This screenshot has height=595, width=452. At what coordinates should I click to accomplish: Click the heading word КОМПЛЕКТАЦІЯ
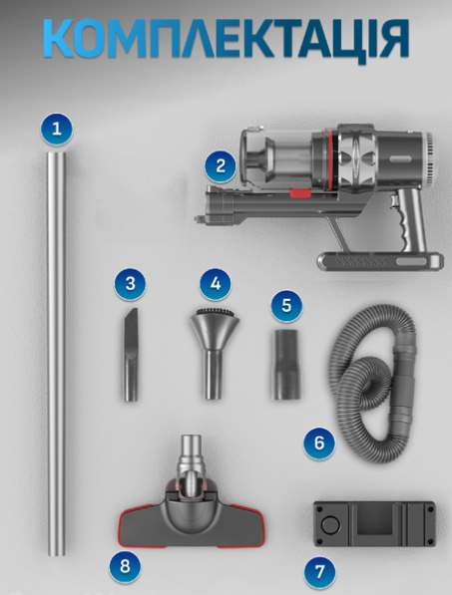click(x=226, y=38)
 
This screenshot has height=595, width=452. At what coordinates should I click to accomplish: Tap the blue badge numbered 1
click(x=57, y=129)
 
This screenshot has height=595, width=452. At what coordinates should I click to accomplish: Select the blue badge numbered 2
click(x=221, y=166)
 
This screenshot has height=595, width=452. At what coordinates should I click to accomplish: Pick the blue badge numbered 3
click(x=130, y=284)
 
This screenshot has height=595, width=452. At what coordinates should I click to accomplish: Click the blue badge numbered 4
click(x=216, y=284)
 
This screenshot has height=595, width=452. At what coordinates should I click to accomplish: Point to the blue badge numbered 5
click(x=286, y=306)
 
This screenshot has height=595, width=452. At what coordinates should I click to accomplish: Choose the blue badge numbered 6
click(x=319, y=443)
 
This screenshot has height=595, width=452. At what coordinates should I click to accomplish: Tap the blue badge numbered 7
click(x=320, y=572)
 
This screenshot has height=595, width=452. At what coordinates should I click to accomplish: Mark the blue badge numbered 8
click(x=125, y=566)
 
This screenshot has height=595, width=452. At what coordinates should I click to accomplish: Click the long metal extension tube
click(x=57, y=354)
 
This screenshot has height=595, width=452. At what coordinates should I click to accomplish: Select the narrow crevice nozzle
click(x=130, y=355)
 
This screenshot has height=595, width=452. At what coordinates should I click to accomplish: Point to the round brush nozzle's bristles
click(x=215, y=313)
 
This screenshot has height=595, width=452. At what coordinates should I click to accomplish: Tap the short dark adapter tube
click(x=286, y=365)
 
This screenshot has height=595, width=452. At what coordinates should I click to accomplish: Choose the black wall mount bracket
click(x=374, y=524)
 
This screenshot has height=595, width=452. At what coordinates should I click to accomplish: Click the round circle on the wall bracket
click(x=330, y=525)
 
